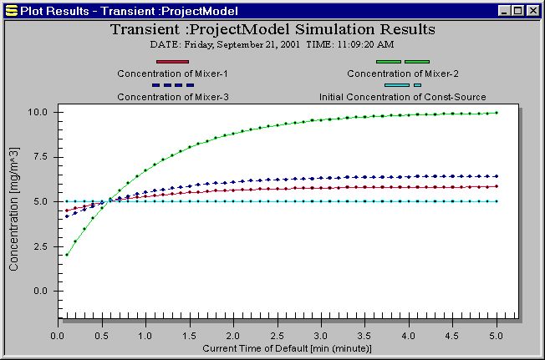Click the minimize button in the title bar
(504, 11)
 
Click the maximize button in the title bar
(518, 11)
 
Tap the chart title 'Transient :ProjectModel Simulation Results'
(272, 29)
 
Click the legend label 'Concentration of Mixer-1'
(173, 74)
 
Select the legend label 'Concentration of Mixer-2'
(402, 74)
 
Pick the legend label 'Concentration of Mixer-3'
(173, 97)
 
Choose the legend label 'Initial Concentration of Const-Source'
(402, 97)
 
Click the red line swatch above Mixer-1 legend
(173, 62)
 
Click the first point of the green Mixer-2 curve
(66, 255)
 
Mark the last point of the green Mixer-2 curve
(497, 113)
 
